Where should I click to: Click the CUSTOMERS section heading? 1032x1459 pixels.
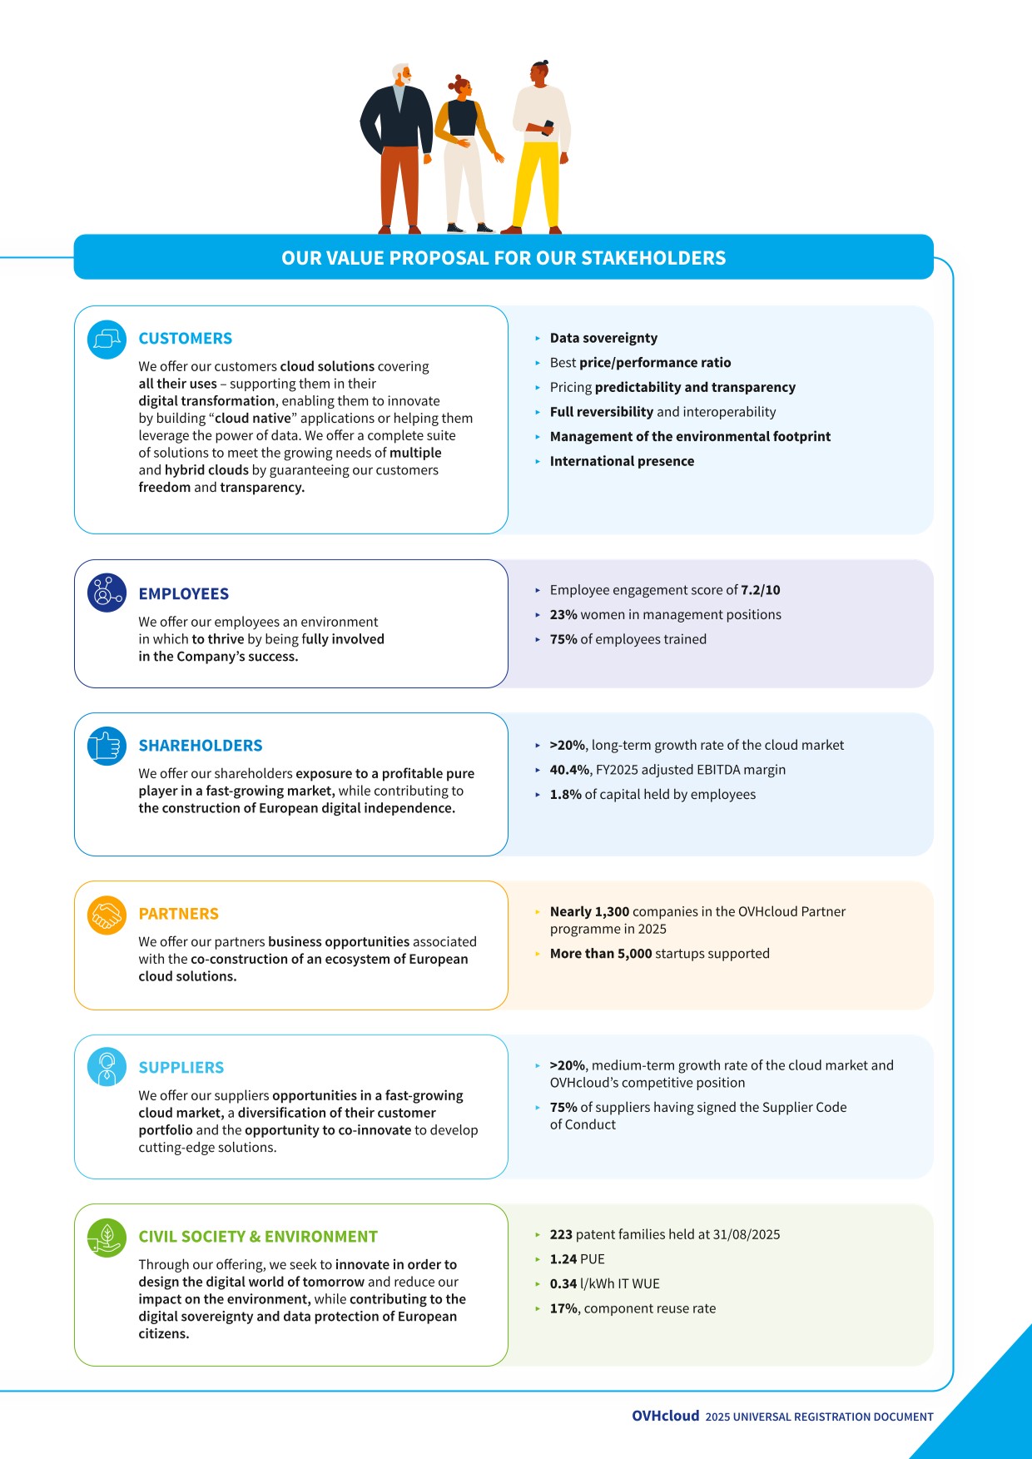pyautogui.click(x=185, y=339)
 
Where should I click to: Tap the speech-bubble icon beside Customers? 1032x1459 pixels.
pyautogui.click(x=107, y=340)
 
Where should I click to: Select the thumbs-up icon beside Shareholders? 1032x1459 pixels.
pyautogui.click(x=107, y=746)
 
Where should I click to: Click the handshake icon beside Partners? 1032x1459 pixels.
pyautogui.click(x=107, y=916)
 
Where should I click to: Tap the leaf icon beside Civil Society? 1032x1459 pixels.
pyautogui.click(x=107, y=1237)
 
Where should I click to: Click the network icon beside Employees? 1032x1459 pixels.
pyautogui.click(x=107, y=593)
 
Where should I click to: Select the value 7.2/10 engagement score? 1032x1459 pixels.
pyautogui.click(x=760, y=590)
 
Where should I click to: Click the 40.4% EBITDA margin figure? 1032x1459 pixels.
pyautogui.click(x=569, y=770)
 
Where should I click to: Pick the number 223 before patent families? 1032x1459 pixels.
pyautogui.click(x=561, y=1234)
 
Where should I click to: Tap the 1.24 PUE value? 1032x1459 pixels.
pyautogui.click(x=564, y=1259)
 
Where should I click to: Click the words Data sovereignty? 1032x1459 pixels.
pyautogui.click(x=603, y=338)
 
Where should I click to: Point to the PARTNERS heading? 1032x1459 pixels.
pyautogui.click(x=178, y=914)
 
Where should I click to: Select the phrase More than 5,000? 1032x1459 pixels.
pyautogui.click(x=600, y=954)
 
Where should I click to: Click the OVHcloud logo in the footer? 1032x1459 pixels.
pyautogui.click(x=665, y=1416)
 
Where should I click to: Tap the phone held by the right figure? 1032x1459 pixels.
pyautogui.click(x=547, y=127)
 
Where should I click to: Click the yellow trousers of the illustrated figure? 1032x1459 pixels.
pyautogui.click(x=537, y=183)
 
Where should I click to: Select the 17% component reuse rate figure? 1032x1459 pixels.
pyautogui.click(x=564, y=1308)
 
